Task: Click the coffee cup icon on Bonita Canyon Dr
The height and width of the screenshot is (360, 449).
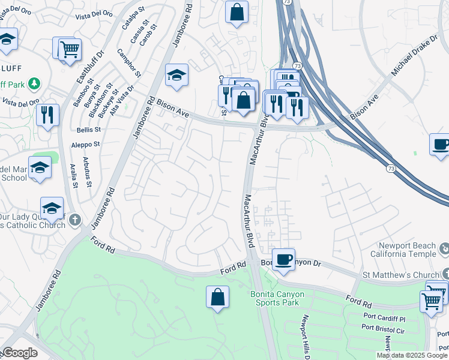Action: (283, 259)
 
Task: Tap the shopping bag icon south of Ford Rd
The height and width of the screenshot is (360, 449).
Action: (217, 297)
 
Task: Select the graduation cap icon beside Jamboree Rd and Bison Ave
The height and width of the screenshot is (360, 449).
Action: (176, 76)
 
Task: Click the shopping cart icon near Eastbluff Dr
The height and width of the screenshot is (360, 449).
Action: (70, 49)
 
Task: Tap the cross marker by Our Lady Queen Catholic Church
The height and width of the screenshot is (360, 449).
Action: (75, 220)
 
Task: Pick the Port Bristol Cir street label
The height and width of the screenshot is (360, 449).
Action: (385, 328)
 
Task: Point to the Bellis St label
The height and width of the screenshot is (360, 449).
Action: (88, 129)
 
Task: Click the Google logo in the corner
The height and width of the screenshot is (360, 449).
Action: (20, 353)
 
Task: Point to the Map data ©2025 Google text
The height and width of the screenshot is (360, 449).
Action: (412, 355)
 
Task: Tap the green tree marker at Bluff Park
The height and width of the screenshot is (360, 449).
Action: (35, 83)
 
